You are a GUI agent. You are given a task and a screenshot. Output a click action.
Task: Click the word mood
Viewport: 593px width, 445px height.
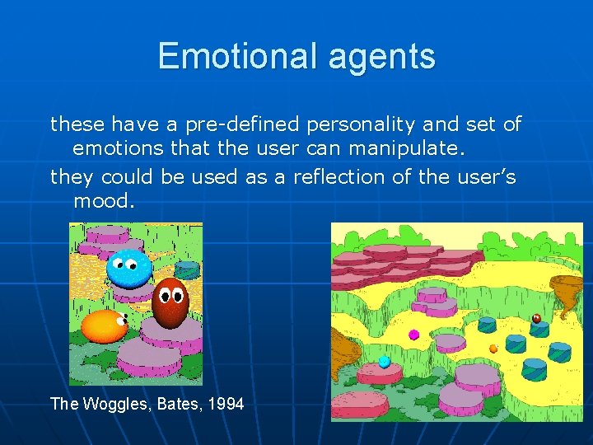coord(102,201)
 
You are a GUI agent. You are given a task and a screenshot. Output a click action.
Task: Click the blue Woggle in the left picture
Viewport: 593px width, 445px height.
coord(129,267)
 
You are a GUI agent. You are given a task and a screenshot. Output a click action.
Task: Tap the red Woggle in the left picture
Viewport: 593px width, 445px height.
coord(170,302)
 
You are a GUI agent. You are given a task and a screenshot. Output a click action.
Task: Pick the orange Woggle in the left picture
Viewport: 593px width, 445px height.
coord(103,326)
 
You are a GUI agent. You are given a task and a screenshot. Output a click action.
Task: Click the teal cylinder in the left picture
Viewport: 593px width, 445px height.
coord(188,269)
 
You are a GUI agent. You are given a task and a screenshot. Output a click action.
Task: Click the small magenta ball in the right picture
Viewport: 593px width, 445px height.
coord(414,335)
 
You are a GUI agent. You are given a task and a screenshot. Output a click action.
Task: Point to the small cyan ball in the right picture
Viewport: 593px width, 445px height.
coord(384,361)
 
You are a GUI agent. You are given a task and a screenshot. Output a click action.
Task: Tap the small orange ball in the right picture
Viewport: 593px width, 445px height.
coord(493,349)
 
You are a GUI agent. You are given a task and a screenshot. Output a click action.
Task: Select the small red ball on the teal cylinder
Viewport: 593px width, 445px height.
coord(536,318)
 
